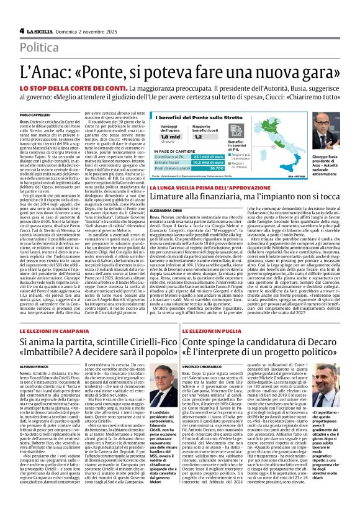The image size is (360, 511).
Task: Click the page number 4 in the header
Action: click(22, 30)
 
